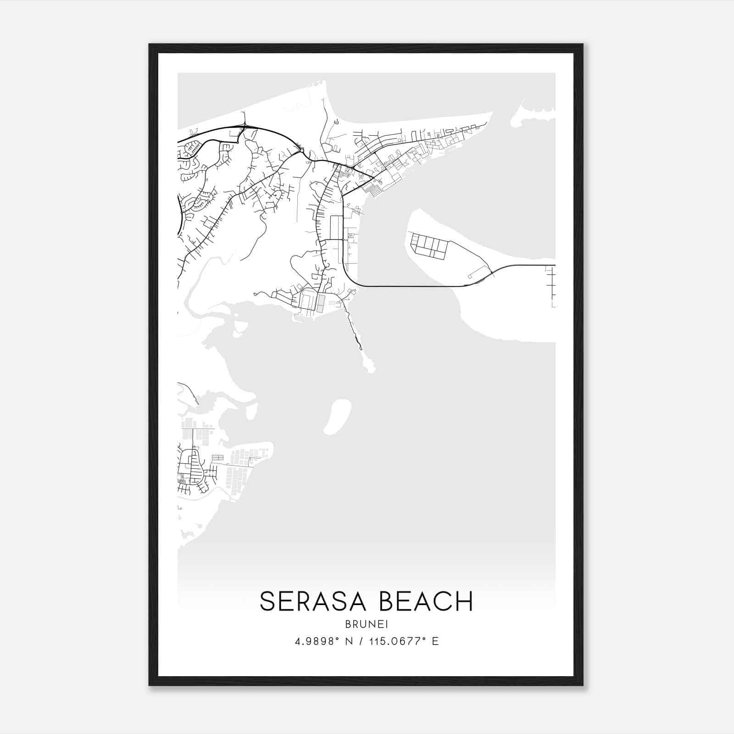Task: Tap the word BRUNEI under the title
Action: pyautogui.click(x=366, y=624)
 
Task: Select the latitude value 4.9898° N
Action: pyautogui.click(x=324, y=641)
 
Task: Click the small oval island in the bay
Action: pyautogui.click(x=338, y=416)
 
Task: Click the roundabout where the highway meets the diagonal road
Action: pyautogui.click(x=301, y=150)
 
